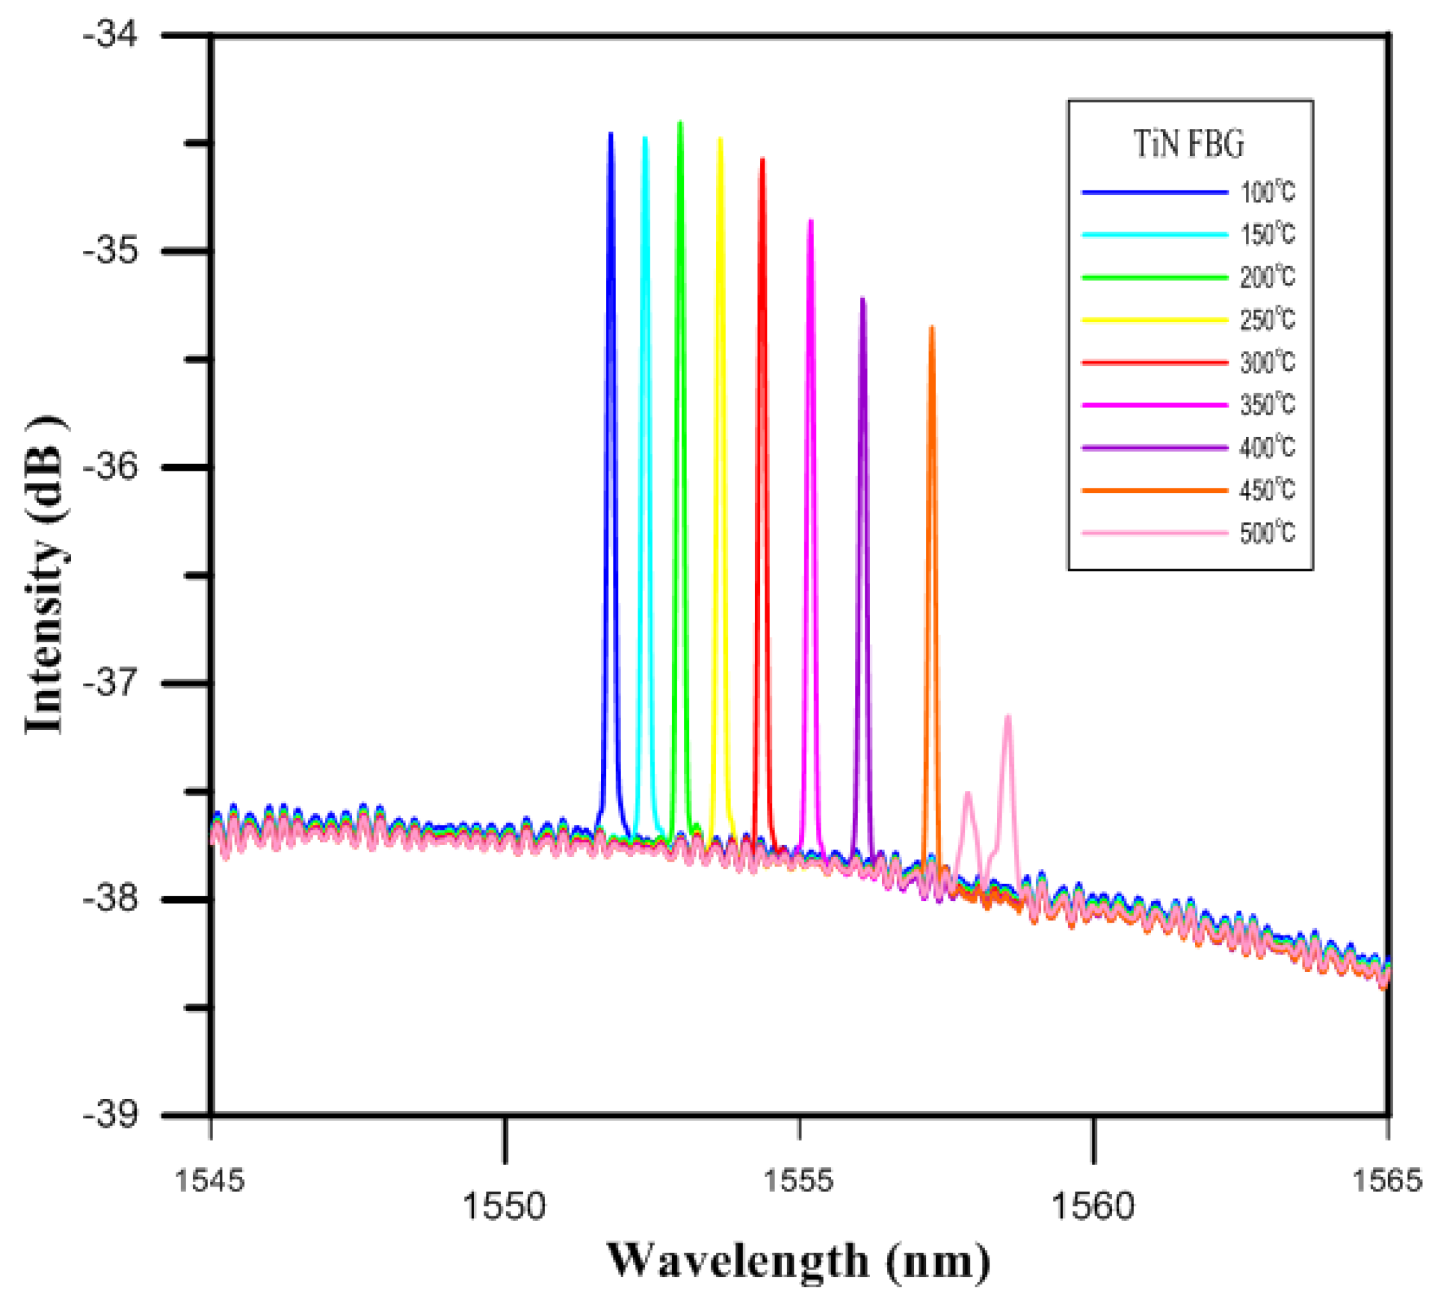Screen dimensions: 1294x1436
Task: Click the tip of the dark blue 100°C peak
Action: [x=611, y=134]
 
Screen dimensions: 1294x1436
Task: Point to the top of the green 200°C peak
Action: [x=680, y=123]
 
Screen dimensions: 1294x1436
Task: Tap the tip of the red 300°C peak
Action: [x=763, y=159]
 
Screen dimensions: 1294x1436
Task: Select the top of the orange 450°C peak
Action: [x=931, y=327]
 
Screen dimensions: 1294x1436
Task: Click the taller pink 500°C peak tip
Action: [x=1007, y=717]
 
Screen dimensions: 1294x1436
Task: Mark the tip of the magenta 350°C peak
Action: [x=811, y=221]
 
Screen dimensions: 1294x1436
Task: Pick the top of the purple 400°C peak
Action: [x=863, y=299]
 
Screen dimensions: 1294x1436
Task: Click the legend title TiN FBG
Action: [x=1189, y=145]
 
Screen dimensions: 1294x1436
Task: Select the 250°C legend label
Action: [x=1268, y=320]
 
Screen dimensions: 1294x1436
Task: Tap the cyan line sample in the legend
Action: [x=1154, y=234]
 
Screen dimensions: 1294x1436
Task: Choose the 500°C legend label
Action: [x=1268, y=534]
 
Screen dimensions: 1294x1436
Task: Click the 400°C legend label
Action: [x=1268, y=448]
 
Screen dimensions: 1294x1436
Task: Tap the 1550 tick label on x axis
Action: [x=503, y=1207]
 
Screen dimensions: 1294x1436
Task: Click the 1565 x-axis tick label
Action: [x=1386, y=1181]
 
